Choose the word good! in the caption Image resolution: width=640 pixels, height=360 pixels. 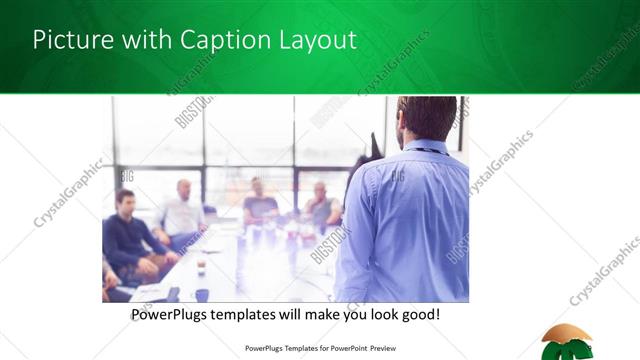[420, 315]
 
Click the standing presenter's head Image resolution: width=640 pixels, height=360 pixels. [426, 118]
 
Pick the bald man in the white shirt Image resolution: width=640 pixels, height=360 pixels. [183, 211]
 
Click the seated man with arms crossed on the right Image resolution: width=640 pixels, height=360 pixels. [322, 207]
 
